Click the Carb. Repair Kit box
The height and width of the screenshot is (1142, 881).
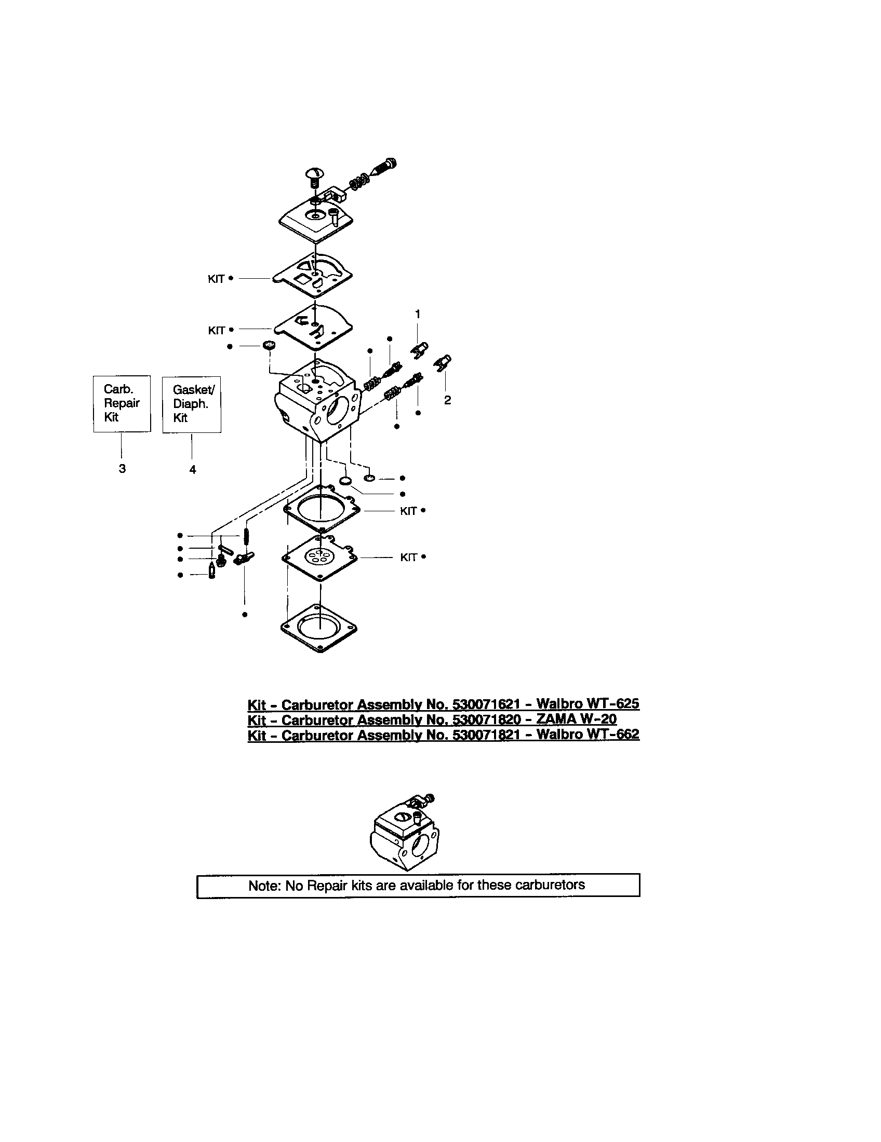[122, 403]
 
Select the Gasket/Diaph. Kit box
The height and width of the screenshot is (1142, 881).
[192, 404]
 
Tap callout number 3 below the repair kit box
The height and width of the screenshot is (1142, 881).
[122, 469]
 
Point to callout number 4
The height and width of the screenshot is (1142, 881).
[193, 470]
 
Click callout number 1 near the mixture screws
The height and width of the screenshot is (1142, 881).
[418, 314]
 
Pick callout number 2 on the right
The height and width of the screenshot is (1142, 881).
[447, 400]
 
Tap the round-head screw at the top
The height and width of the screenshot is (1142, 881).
[314, 174]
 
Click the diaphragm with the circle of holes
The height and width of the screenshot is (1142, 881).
[319, 558]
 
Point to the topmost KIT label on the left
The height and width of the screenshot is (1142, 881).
[216, 279]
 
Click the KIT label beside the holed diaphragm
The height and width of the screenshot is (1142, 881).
[409, 558]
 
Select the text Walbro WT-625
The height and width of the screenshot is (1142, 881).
[588, 703]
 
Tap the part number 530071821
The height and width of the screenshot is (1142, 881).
[486, 735]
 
